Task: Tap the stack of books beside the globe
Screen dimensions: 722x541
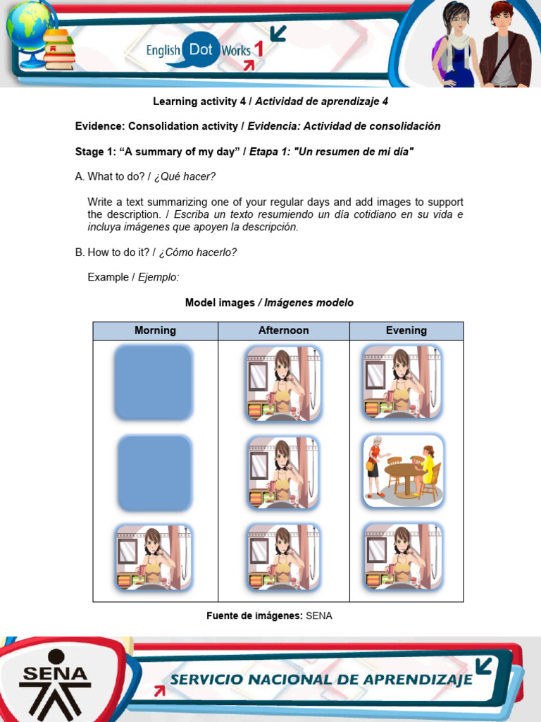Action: (x=59, y=50)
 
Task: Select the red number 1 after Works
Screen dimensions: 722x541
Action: (x=259, y=49)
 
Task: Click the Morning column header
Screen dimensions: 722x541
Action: (x=155, y=331)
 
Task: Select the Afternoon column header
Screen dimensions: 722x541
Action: (x=283, y=331)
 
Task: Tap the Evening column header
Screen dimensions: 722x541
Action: (x=406, y=331)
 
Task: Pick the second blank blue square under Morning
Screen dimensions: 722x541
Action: (x=154, y=473)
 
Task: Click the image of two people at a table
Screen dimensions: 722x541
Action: (x=403, y=471)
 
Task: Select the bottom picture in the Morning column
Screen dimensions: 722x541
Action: (x=154, y=558)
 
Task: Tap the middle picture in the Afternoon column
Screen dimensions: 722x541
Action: (x=283, y=472)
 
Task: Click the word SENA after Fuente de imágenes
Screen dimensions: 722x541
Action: (x=319, y=616)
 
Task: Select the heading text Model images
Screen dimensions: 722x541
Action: (x=220, y=302)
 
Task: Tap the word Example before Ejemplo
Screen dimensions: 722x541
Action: (x=108, y=277)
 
